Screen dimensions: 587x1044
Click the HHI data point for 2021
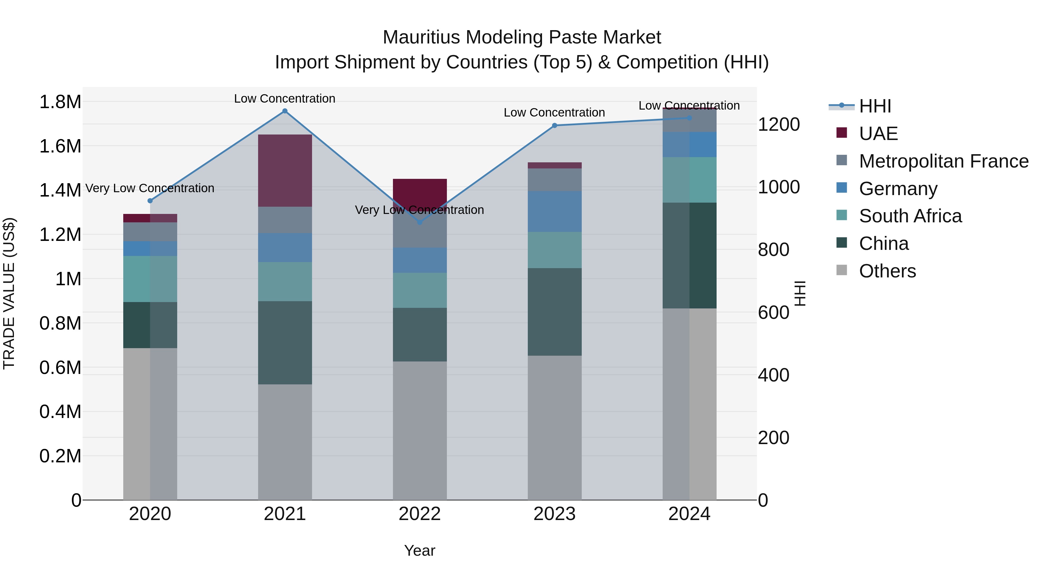click(285, 111)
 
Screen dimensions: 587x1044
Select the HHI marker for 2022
click(420, 222)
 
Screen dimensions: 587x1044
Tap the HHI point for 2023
click(555, 126)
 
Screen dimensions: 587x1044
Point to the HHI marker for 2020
click(150, 201)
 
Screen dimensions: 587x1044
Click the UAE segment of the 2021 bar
click(285, 170)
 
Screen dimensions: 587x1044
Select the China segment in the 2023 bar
click(554, 312)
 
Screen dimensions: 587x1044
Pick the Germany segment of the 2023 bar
click(554, 212)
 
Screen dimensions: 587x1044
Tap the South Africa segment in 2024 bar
click(689, 180)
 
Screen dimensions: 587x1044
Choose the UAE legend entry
click(878, 134)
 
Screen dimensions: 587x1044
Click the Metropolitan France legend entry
click(943, 161)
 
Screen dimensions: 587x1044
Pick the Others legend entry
click(887, 271)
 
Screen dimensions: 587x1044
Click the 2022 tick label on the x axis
click(420, 514)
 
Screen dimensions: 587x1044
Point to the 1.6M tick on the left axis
click(60, 146)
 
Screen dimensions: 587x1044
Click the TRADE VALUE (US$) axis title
click(9, 293)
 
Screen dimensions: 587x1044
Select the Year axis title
click(420, 550)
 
